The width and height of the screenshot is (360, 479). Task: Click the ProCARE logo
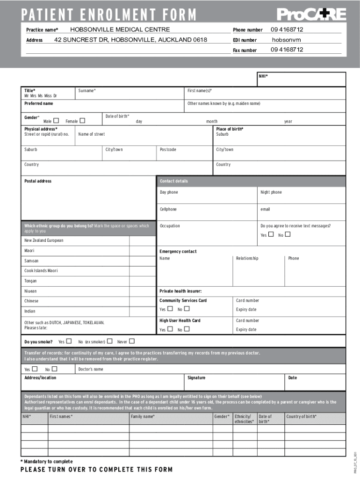[311, 15]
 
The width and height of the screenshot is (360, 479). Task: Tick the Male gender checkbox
[56, 121]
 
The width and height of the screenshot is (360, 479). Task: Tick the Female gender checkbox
[82, 121]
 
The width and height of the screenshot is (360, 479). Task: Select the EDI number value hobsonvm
[286, 40]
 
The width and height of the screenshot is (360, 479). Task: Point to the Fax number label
[245, 50]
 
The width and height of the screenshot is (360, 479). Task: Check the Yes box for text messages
[271, 234]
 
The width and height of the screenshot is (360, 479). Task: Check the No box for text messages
[288, 234]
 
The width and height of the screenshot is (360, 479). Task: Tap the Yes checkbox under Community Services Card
[170, 309]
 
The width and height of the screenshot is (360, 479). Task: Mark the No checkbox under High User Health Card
[187, 329]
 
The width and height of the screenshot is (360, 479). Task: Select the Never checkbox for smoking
[131, 341]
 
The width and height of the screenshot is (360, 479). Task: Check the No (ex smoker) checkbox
[109, 341]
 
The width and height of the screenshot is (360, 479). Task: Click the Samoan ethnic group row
[32, 261]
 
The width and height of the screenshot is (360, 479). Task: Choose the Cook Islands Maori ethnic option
[41, 271]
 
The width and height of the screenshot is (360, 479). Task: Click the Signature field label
[196, 377]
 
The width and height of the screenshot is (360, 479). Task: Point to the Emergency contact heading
[178, 252]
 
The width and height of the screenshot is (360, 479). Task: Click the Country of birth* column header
[301, 416]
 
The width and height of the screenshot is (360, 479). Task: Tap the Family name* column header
[143, 416]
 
